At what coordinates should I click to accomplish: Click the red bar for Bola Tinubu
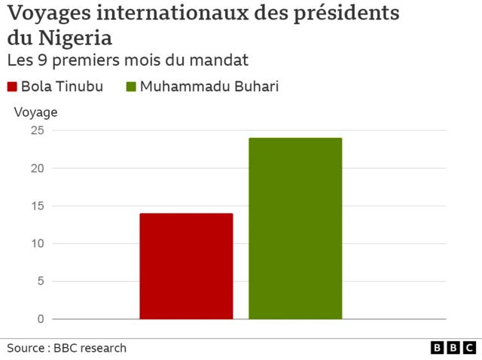[x=186, y=266]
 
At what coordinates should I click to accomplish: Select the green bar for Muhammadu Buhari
[x=295, y=228]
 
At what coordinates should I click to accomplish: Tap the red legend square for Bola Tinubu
[x=13, y=87]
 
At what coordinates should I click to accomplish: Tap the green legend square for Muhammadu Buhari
[x=131, y=87]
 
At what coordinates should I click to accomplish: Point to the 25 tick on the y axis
[x=37, y=130]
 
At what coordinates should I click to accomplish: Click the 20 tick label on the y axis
[x=37, y=168]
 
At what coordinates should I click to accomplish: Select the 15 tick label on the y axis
[x=37, y=206]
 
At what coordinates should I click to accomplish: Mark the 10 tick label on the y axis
[x=37, y=243]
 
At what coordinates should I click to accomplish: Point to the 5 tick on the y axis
[x=40, y=281]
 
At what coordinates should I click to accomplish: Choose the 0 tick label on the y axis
[x=40, y=319]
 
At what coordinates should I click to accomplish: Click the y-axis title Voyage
[x=35, y=112]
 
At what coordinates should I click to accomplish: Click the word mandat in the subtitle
[x=224, y=59]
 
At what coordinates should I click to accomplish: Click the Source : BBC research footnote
[x=67, y=348]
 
